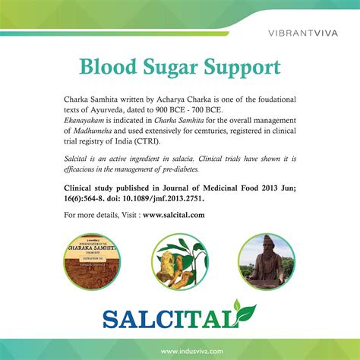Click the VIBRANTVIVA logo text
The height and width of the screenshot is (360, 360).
tap(303, 33)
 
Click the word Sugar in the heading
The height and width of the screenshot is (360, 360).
tap(170, 67)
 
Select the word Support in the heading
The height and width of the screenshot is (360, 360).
tap(242, 68)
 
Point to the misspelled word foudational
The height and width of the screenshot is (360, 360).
tap(277, 99)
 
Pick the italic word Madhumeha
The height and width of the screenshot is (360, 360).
tap(93, 131)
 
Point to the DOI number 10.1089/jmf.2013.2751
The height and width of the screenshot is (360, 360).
tap(163, 198)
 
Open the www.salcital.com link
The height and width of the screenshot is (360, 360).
tap(174, 215)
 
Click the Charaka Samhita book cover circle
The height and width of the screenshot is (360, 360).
tap(92, 261)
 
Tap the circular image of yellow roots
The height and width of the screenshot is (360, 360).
tap(180, 261)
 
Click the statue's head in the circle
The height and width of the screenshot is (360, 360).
tap(267, 244)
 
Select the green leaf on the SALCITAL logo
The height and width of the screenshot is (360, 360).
tap(245, 313)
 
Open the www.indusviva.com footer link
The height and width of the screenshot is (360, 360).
tap(192, 352)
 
